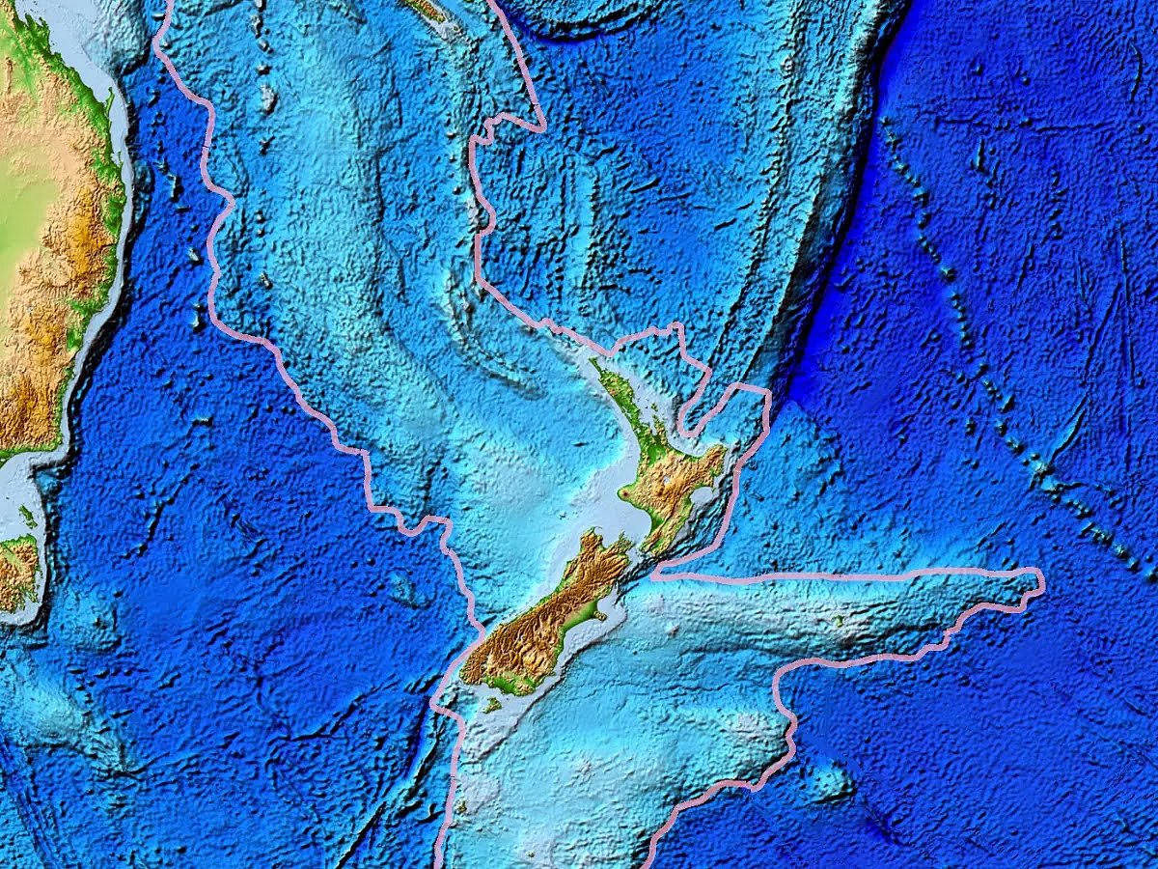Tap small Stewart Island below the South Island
point(492,706)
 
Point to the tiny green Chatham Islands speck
point(838,621)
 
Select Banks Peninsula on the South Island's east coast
point(602,612)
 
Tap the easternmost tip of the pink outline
point(1043,582)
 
